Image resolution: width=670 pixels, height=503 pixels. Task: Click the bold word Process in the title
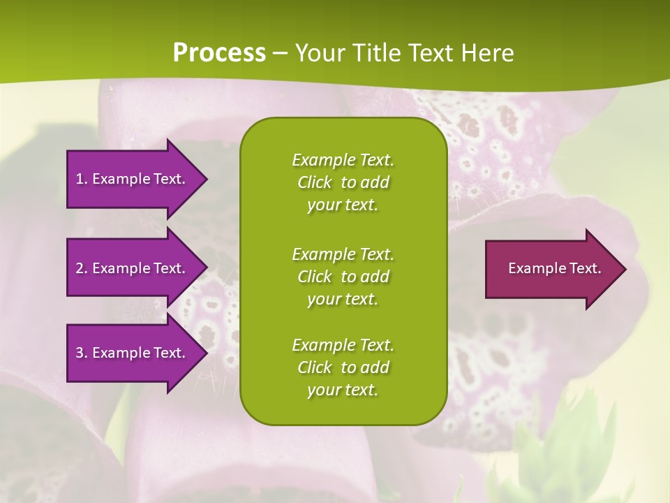(x=219, y=53)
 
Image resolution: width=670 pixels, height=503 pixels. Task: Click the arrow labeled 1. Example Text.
(x=133, y=179)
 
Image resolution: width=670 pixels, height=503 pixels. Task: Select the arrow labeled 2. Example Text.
(x=133, y=268)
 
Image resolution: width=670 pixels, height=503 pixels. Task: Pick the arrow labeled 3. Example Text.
(x=133, y=353)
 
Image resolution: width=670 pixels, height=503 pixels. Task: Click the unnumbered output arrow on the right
(x=551, y=269)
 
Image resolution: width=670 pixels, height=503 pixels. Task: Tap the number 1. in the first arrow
(x=82, y=179)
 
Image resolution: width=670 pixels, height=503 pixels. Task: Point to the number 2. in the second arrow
(x=82, y=268)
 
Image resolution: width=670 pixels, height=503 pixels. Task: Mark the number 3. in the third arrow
(x=82, y=353)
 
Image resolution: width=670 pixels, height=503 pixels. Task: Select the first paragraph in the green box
(x=343, y=182)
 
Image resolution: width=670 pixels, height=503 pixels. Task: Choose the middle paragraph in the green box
(x=343, y=277)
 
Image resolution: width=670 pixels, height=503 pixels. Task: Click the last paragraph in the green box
(x=343, y=367)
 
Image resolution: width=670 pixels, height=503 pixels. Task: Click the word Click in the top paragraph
(x=315, y=183)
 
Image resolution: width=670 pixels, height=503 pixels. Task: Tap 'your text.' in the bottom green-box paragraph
(x=343, y=391)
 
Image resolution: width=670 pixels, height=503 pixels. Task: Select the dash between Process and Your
(x=280, y=53)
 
